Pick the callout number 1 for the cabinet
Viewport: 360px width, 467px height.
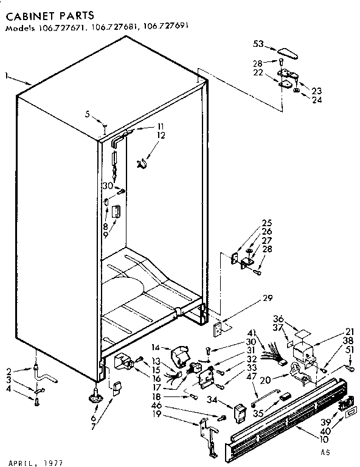click(6, 76)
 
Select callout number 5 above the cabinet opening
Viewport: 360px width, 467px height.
click(88, 113)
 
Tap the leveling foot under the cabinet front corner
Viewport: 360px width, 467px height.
click(96, 397)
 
